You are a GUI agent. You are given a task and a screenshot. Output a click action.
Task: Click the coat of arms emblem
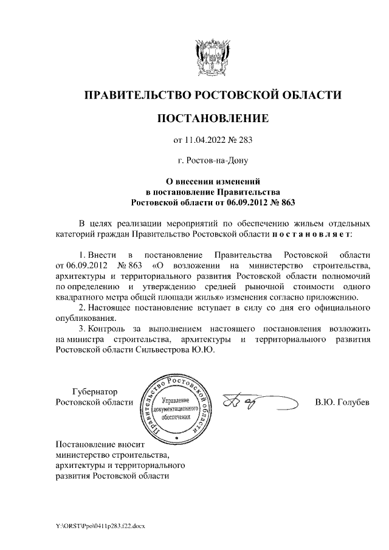pyautogui.click(x=213, y=57)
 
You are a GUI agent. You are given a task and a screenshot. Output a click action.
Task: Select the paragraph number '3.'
pyautogui.click(x=83, y=329)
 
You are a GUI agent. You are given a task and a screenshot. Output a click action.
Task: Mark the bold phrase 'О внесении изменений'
pyautogui.click(x=213, y=180)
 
